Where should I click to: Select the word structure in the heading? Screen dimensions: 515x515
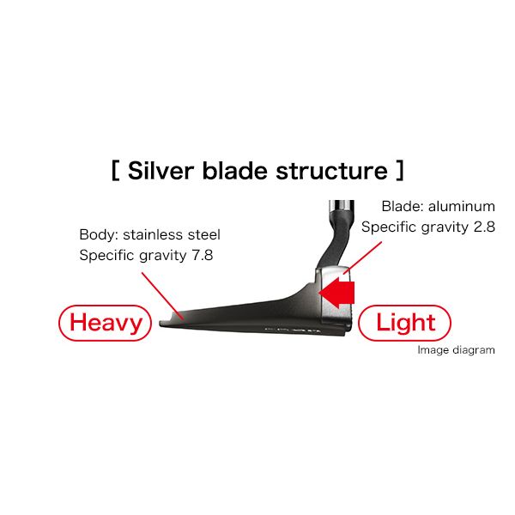coord(331,171)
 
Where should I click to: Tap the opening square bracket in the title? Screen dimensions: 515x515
coord(115,171)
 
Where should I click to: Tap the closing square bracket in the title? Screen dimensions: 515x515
coord(400,171)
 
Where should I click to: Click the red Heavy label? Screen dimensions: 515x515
coord(105,323)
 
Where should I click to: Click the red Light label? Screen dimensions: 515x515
coord(404,323)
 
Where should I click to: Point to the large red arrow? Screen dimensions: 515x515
coord(336,293)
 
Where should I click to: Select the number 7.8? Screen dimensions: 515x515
coord(202,255)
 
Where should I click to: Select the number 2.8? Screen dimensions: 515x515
coord(484,227)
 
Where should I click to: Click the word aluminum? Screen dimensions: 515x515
coord(462,206)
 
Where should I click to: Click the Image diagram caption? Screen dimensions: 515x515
coord(457,350)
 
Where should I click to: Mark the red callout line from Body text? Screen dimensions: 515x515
coord(162,295)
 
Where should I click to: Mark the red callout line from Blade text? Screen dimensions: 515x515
coord(362,257)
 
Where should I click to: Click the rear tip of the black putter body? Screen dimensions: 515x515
coord(161,324)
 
